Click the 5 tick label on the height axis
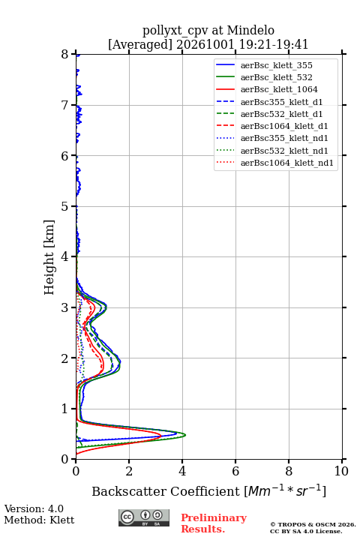click(x=65, y=206)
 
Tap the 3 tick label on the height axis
click(x=65, y=307)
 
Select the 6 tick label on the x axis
click(x=235, y=471)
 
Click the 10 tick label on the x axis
click(x=341, y=471)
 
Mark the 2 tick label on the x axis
click(x=129, y=471)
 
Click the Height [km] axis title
click(x=49, y=257)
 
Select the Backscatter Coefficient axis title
click(x=208, y=490)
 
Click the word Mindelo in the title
click(x=250, y=30)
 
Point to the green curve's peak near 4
click(x=185, y=435)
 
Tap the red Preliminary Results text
click(x=214, y=523)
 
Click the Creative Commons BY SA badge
click(x=144, y=518)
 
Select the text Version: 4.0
click(x=34, y=508)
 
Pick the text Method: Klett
click(x=39, y=520)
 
